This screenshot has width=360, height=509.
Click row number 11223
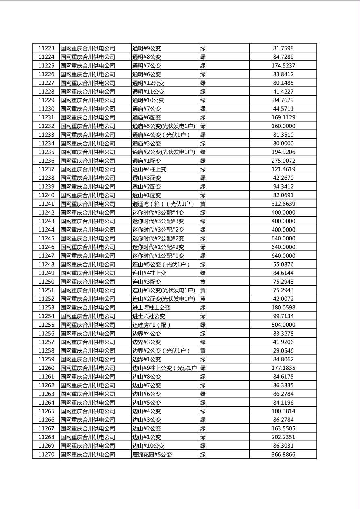46,48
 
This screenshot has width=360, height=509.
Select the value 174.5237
283,66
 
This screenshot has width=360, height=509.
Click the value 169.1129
283,117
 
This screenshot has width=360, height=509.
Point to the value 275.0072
283,161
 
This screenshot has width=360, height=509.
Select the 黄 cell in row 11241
203,204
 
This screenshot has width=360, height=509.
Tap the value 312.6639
283,204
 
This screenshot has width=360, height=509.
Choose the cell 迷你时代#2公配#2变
158,238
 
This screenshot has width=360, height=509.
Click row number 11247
46,256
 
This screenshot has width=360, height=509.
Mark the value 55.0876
283,265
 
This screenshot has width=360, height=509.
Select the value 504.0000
283,325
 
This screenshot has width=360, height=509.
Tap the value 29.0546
283,351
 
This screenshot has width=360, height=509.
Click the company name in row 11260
88,368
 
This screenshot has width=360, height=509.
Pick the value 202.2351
283,437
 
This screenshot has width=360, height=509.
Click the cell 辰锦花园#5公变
152,455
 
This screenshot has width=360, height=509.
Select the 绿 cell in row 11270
203,455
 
